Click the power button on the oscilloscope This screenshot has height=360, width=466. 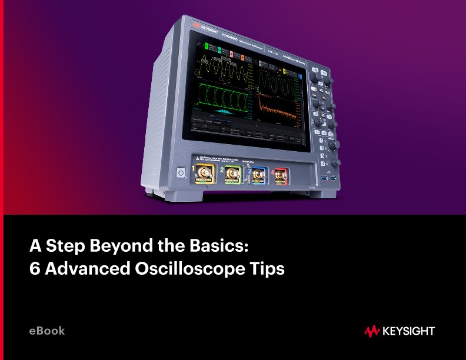(181, 173)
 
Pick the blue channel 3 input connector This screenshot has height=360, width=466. (257, 175)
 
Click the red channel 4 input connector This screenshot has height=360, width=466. (279, 175)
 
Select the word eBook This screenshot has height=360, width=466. (47, 331)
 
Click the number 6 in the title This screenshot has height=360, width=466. (35, 269)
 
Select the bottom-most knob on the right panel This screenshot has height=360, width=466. (336, 161)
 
